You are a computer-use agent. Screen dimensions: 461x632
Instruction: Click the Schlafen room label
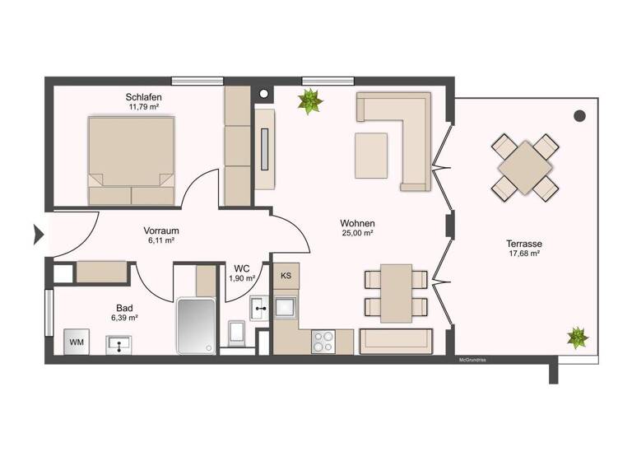click(x=144, y=97)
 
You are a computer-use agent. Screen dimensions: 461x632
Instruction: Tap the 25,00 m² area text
click(x=357, y=234)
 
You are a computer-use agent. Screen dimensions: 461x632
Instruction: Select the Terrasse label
click(x=524, y=244)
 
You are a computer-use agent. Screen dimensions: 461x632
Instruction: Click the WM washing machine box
click(x=77, y=342)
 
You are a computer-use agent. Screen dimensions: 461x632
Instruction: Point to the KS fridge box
click(x=286, y=276)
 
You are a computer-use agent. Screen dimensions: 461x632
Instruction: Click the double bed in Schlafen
click(x=132, y=160)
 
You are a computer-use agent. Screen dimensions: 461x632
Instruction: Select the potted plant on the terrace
click(x=578, y=337)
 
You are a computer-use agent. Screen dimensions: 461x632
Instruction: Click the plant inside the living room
click(x=310, y=101)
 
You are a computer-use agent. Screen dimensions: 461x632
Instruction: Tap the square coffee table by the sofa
click(x=371, y=155)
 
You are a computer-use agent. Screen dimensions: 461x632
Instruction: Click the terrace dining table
click(x=524, y=167)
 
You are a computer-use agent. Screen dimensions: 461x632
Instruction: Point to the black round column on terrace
click(x=579, y=115)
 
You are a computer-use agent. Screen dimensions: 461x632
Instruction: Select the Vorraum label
click(x=161, y=230)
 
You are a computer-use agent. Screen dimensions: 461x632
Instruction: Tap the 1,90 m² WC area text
click(x=241, y=278)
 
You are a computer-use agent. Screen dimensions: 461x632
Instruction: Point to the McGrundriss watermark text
click(x=474, y=360)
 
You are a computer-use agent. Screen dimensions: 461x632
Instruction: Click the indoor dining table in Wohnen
click(x=396, y=293)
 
